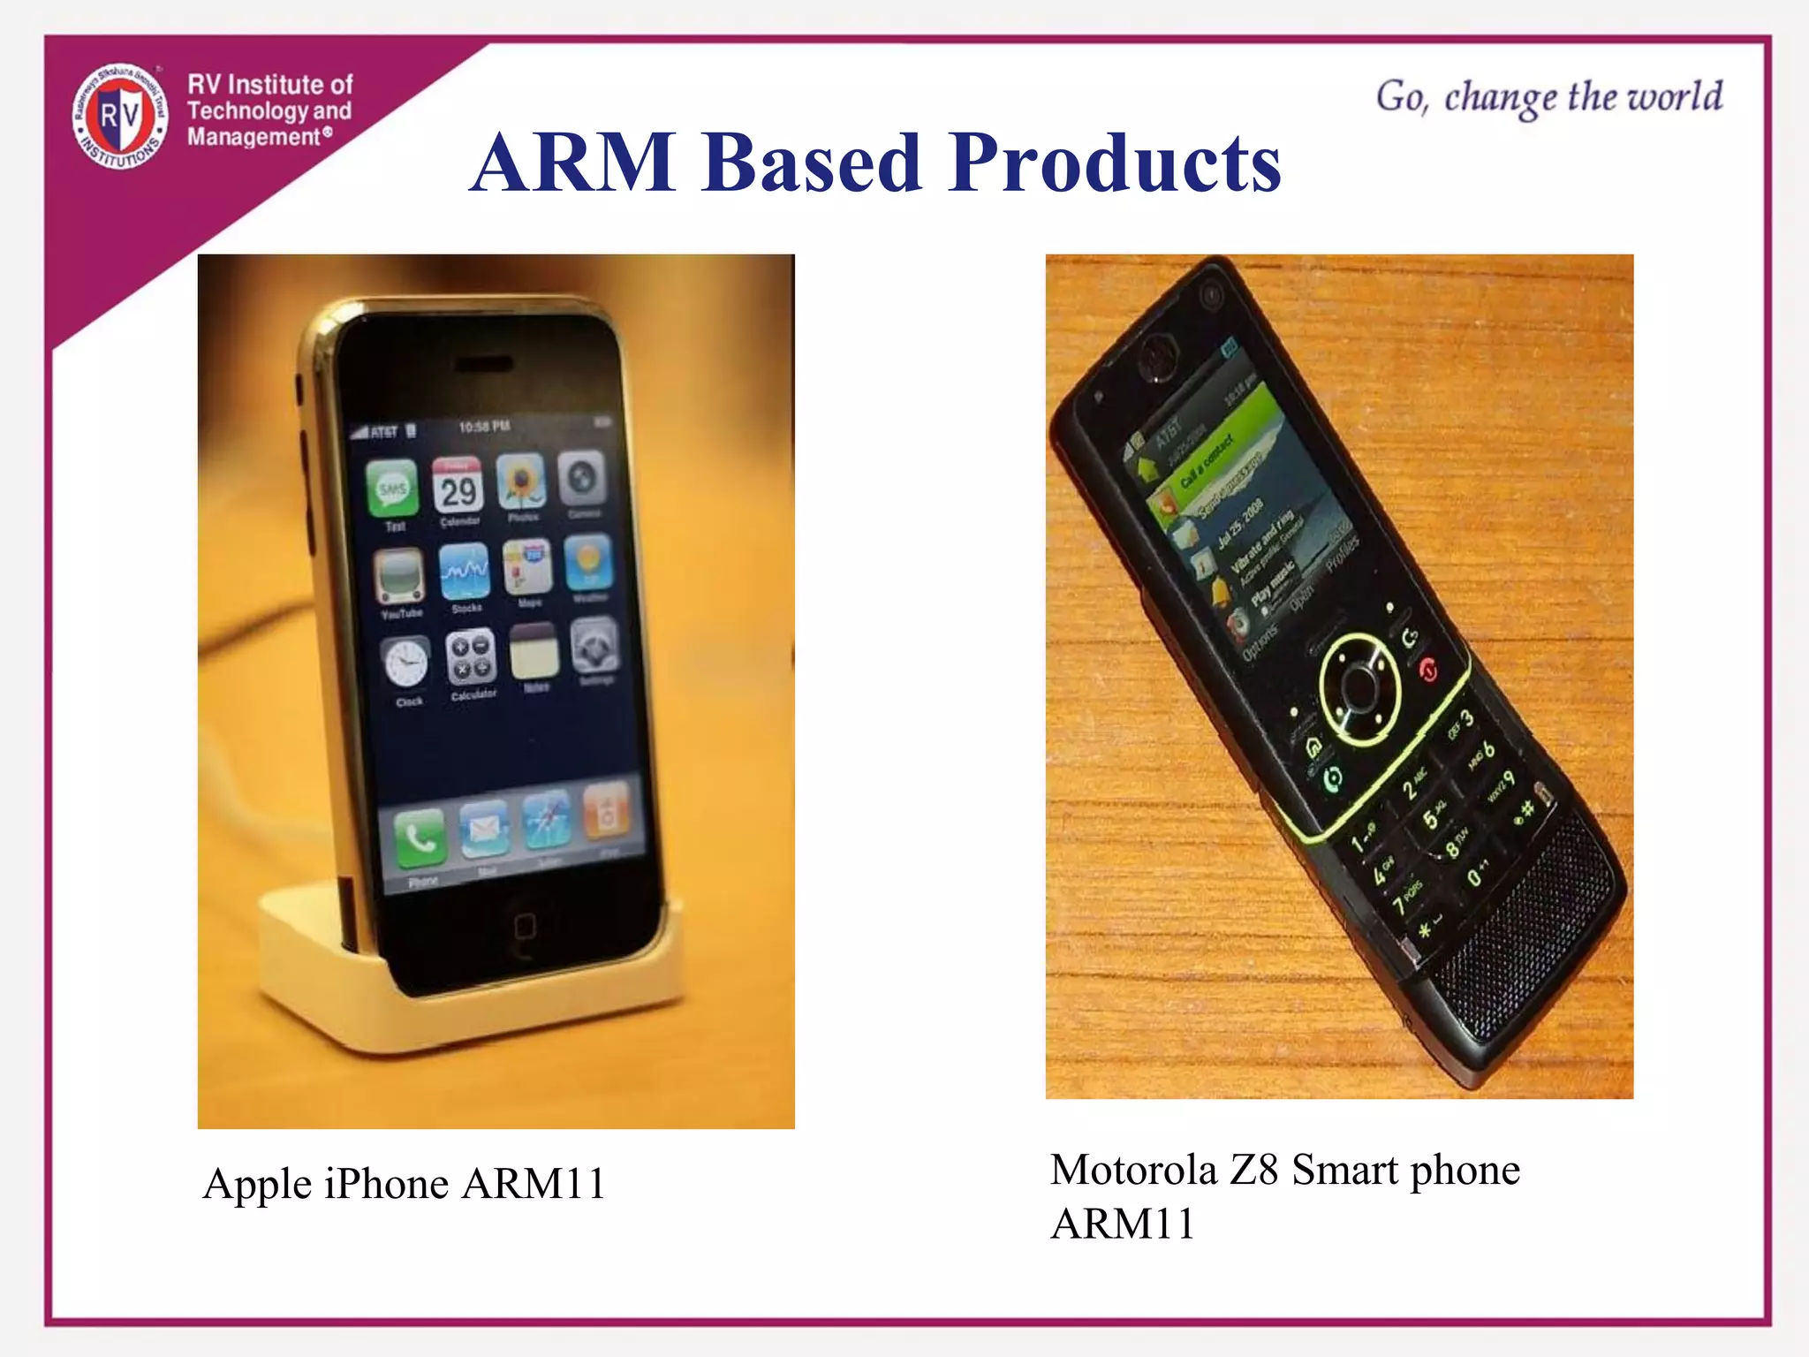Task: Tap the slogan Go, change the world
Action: coord(1548,97)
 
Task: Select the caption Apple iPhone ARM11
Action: coord(405,1184)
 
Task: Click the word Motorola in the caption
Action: coord(1133,1170)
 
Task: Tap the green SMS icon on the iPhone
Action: coord(393,489)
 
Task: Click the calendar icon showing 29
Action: coord(458,487)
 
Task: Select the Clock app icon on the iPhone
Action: coord(406,663)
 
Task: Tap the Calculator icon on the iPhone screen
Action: coord(470,658)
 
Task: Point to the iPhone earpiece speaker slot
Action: coord(484,365)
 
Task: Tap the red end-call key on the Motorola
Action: coord(1428,671)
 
